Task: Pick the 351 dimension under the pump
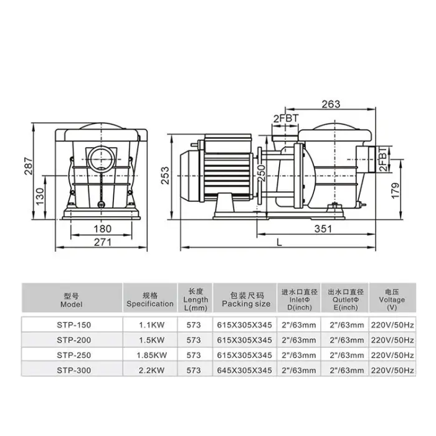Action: [323, 229]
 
